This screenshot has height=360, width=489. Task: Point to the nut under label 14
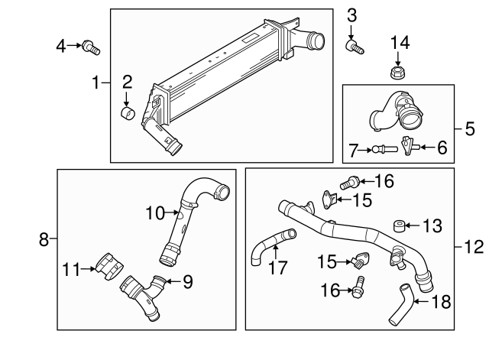[x=397, y=73]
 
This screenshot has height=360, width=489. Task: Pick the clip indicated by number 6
[x=409, y=144]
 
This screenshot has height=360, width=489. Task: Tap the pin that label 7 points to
[x=382, y=149]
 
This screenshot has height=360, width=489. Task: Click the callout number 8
[x=44, y=241]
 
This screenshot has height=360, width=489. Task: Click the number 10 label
[x=155, y=213]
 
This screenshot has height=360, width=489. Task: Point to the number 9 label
[x=187, y=281]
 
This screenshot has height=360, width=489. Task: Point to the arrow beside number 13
[x=412, y=225]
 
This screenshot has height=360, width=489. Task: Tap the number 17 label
[x=277, y=268]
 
